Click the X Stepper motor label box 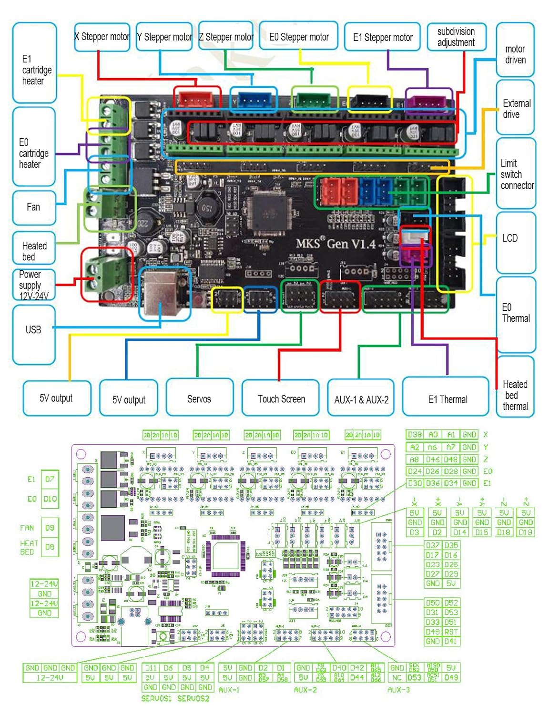pyautogui.click(x=102, y=37)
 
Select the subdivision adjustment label pyautogui.click(x=456, y=37)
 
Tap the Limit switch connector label pyautogui.click(x=516, y=174)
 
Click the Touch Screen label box pyautogui.click(x=281, y=399)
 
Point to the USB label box pyautogui.click(x=33, y=330)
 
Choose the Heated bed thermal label pyautogui.click(x=515, y=395)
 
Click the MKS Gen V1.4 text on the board pyautogui.click(x=336, y=244)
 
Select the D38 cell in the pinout pyautogui.click(x=415, y=435)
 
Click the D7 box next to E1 pyautogui.click(x=50, y=479)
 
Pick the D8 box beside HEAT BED pyautogui.click(x=50, y=547)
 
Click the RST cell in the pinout pyautogui.click(x=451, y=632)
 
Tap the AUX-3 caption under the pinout pyautogui.click(x=398, y=690)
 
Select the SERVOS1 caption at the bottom pyautogui.click(x=156, y=698)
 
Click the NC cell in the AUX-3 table pyautogui.click(x=397, y=677)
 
